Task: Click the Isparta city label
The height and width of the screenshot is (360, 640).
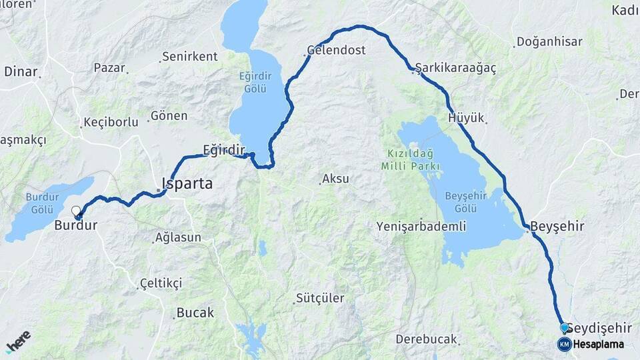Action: click(x=187, y=183)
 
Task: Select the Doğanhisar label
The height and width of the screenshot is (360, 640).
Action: click(x=549, y=42)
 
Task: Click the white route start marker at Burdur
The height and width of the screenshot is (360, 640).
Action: click(x=76, y=211)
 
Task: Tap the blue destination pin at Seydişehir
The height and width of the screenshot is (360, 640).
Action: click(x=565, y=328)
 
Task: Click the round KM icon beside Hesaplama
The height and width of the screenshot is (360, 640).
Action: click(x=564, y=344)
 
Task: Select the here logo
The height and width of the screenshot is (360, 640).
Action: click(x=18, y=341)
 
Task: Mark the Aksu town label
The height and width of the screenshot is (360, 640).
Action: click(x=335, y=179)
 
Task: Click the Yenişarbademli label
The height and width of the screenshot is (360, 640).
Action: click(x=421, y=226)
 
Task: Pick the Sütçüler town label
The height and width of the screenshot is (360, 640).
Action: click(x=321, y=298)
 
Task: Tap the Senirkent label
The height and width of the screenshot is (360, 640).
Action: click(x=191, y=57)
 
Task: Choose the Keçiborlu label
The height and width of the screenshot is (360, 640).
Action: click(x=111, y=122)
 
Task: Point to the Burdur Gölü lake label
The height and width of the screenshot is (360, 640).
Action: click(x=43, y=203)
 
